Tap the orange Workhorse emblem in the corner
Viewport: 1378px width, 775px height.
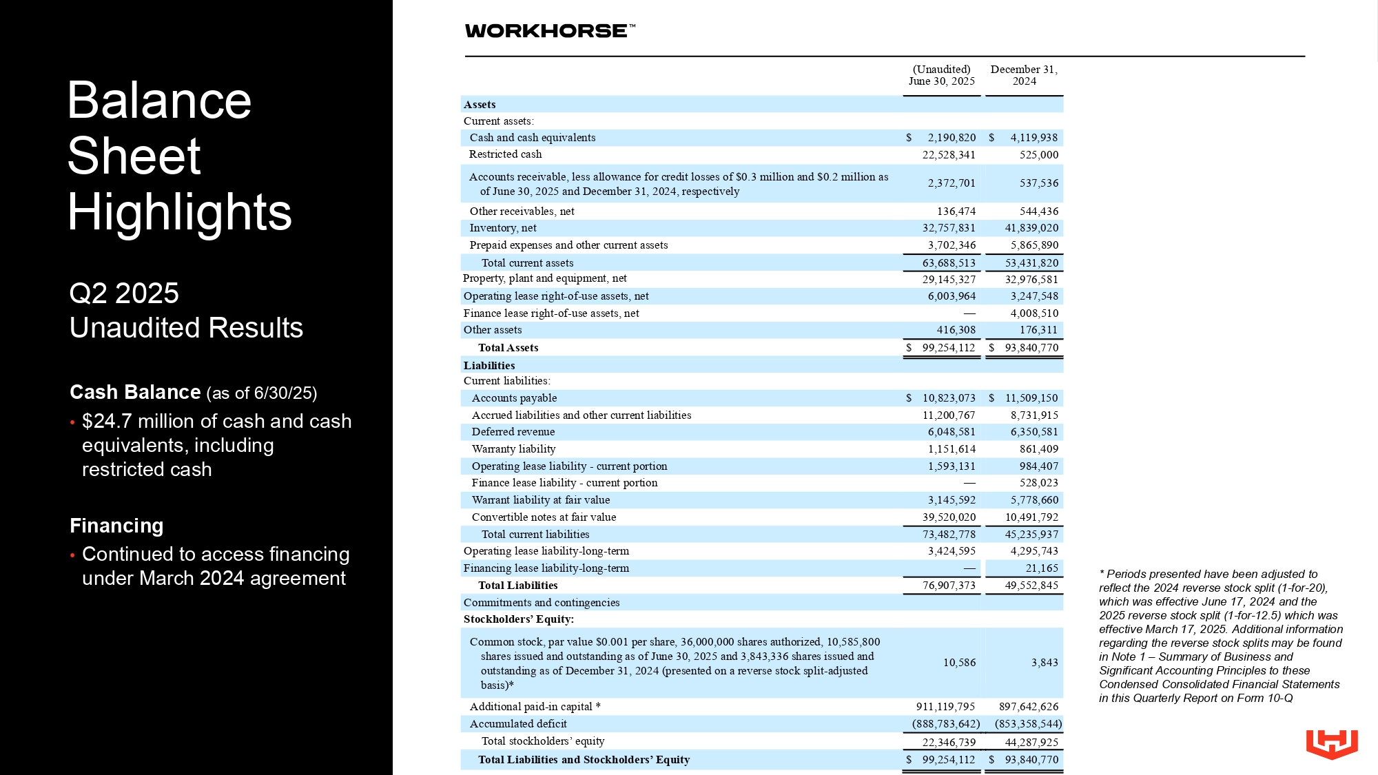pos(1331,744)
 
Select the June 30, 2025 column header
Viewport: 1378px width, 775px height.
pos(941,75)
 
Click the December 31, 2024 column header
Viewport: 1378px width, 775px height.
pos(1024,75)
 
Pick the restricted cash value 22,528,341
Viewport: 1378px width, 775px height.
pos(949,155)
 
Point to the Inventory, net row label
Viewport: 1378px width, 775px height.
pos(503,228)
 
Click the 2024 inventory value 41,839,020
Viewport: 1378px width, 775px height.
pos(1031,228)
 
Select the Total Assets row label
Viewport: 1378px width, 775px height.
pos(508,348)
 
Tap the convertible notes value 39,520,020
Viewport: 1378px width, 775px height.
pos(949,517)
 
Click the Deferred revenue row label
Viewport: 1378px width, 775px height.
pos(513,432)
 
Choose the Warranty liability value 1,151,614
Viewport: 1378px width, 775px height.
pos(952,449)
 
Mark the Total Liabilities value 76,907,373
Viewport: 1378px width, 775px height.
pos(949,586)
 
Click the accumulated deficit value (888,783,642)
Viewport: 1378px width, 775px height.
pos(945,724)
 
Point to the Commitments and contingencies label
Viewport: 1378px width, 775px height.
pos(542,603)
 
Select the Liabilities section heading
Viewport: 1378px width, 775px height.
pos(489,366)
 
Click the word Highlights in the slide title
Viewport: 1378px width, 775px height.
pos(180,211)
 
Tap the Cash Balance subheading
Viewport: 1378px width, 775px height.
pos(135,392)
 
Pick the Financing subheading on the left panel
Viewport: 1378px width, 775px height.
pos(116,526)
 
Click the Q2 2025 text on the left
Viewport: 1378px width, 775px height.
pos(124,293)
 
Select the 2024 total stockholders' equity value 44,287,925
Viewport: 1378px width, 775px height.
pos(1031,742)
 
